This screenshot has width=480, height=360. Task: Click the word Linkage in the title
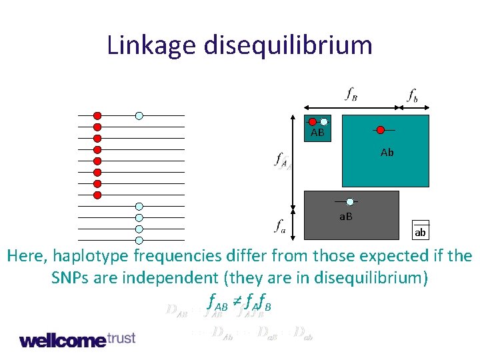click(151, 45)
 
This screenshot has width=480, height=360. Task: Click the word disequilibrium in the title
click(289, 45)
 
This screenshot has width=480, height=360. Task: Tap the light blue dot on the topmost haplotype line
click(139, 115)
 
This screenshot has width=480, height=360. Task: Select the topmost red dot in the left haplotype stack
click(97, 115)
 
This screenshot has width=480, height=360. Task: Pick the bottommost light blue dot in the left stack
click(139, 240)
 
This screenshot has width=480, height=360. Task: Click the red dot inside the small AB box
click(313, 121)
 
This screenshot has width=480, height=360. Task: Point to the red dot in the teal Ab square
click(380, 129)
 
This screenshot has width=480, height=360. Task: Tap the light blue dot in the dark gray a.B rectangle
click(350, 201)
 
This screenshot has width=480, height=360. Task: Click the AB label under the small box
click(317, 133)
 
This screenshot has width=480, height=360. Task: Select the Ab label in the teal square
click(387, 153)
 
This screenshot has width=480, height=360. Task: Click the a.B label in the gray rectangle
click(346, 217)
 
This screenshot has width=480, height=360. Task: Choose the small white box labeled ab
click(420, 229)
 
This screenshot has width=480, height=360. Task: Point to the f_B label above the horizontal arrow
click(351, 95)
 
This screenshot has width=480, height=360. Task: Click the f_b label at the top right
click(413, 95)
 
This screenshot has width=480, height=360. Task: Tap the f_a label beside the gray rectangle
click(281, 227)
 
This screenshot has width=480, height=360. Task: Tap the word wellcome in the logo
click(62, 340)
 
